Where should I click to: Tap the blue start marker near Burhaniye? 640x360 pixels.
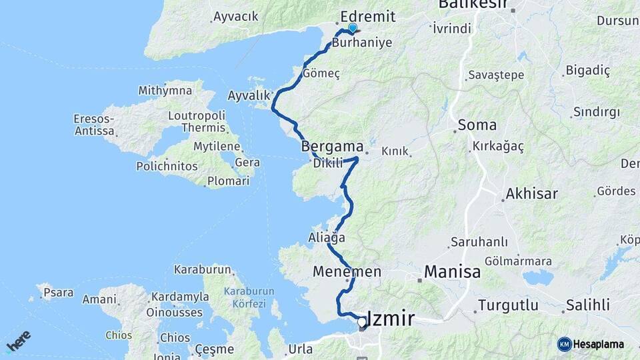353,27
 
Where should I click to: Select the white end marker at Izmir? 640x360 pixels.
361,323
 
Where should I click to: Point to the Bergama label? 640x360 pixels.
332,145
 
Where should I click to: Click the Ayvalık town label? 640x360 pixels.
248,95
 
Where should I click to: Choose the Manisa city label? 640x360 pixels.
452,272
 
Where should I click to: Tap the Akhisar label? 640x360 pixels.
531,194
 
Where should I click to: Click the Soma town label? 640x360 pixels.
477,125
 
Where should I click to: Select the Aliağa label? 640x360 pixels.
327,237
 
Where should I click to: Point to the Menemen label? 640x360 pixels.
347,271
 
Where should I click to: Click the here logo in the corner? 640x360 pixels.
18,340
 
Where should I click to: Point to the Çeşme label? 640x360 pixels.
214,349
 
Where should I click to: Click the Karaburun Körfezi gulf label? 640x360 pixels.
245,297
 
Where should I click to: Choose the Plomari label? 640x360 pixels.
228,181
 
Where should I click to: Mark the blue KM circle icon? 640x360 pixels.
564,344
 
